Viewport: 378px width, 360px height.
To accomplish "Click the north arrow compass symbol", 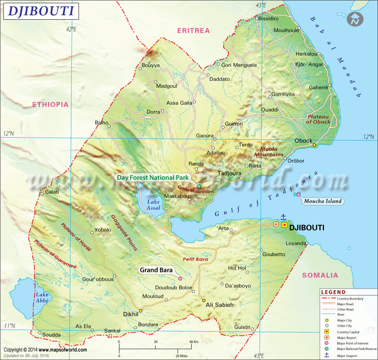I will pyautogui.click(x=355, y=19).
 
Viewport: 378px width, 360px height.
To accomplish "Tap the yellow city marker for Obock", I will pyautogui.click(x=314, y=145).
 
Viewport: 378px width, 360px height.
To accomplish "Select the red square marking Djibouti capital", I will pyautogui.click(x=284, y=225).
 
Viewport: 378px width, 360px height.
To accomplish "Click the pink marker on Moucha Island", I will pyautogui.click(x=299, y=194).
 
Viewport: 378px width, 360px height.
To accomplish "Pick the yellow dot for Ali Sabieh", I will pyautogui.click(x=203, y=300).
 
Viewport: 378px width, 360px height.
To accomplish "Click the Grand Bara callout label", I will pyautogui.click(x=156, y=270).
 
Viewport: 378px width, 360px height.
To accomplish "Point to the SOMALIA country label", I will pyautogui.click(x=319, y=275).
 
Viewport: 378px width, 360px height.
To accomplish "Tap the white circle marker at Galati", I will pyautogui.click(x=42, y=194).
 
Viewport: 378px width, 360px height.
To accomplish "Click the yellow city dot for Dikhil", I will pyautogui.click(x=141, y=310).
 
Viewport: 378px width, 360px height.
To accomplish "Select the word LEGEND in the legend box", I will pyautogui.click(x=333, y=292).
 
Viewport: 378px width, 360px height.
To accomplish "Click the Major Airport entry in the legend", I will pyautogui.click(x=346, y=338).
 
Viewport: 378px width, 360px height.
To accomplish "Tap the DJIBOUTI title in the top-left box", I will pyautogui.click(x=41, y=11).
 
